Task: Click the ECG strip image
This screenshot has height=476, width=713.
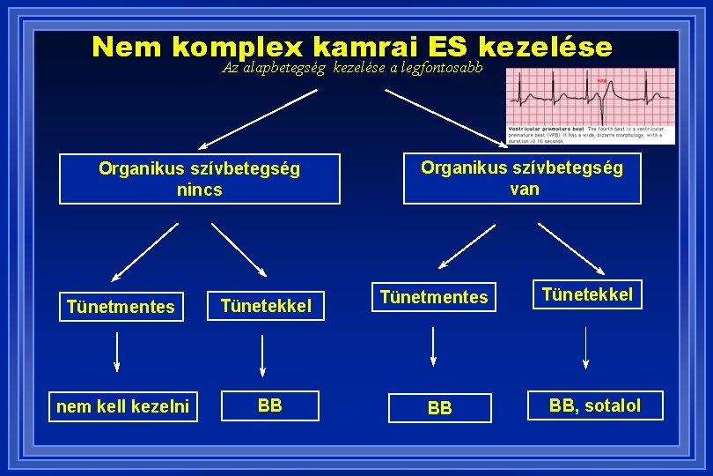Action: pos(590,106)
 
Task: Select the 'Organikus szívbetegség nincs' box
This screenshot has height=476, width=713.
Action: pos(200,179)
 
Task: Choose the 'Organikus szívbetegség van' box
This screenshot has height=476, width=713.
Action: pos(522,178)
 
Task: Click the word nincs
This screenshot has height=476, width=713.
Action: pos(200,190)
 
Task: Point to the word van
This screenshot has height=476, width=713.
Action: pos(524,189)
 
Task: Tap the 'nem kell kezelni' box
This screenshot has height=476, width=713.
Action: pos(122,406)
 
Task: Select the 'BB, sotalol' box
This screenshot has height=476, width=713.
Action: pos(595,405)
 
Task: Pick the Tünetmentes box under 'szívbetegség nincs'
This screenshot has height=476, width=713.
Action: pos(121,307)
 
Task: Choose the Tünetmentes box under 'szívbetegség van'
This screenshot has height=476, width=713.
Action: pos(433,297)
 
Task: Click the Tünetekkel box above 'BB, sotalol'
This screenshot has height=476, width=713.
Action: pos(587,294)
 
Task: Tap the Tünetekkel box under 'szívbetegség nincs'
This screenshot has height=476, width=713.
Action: pos(266,306)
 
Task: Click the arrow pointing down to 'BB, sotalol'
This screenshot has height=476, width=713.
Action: pos(587,347)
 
